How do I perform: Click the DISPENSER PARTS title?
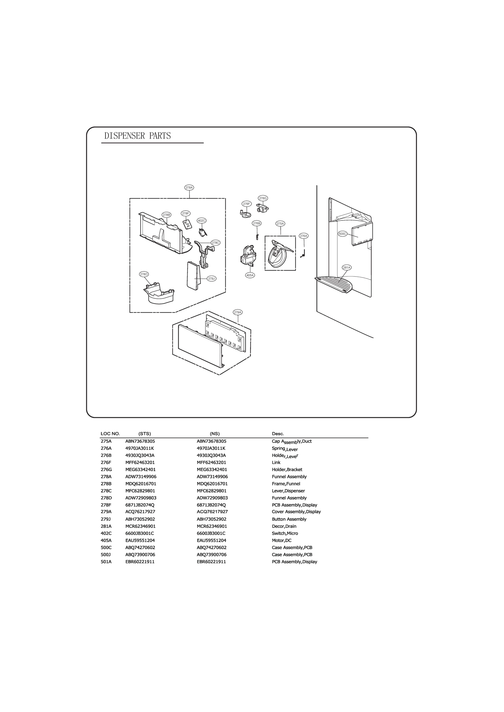[138, 136]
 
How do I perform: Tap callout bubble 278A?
[189, 187]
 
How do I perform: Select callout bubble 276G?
[263, 198]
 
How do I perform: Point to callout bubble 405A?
[250, 275]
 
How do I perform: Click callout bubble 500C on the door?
[342, 234]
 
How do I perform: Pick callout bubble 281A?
[347, 267]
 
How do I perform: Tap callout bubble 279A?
[238, 312]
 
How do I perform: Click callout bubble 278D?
[144, 274]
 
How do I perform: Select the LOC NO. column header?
[110, 434]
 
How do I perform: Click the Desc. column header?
[278, 434]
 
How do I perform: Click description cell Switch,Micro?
[285, 533]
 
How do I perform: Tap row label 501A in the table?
[106, 562]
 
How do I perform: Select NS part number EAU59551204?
[211, 541]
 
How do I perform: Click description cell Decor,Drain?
[284, 526]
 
